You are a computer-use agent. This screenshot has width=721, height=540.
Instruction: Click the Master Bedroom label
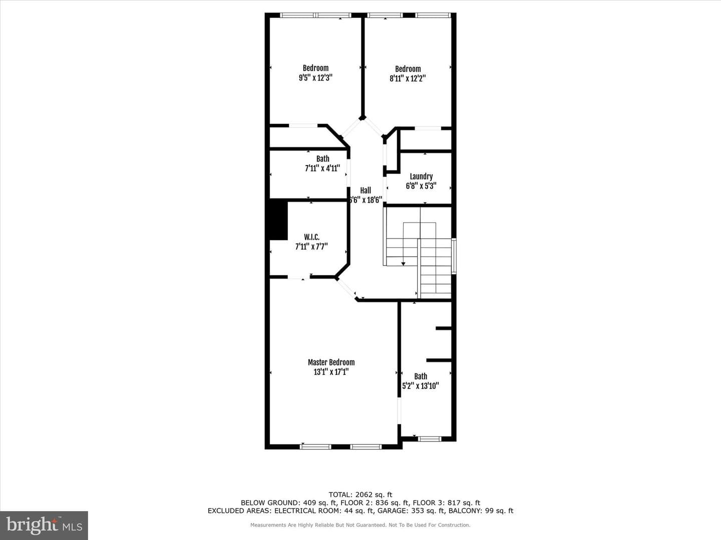(x=331, y=362)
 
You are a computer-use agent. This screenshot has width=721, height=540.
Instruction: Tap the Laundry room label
(x=421, y=176)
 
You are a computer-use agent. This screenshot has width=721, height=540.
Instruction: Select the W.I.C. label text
(x=311, y=236)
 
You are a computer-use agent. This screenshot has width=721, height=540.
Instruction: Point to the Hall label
(x=366, y=190)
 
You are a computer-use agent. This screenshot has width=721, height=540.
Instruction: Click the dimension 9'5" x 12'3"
(x=315, y=77)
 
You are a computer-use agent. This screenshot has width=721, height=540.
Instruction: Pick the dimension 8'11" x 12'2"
(x=408, y=78)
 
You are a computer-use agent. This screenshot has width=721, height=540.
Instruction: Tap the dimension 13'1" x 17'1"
(x=331, y=372)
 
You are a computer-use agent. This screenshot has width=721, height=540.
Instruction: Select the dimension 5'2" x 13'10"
(x=421, y=385)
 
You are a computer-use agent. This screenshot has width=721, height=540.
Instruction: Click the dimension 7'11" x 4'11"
(x=322, y=168)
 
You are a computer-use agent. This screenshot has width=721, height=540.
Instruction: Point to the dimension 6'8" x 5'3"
(x=421, y=186)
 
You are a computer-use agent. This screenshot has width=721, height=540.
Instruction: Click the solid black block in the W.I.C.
(x=278, y=219)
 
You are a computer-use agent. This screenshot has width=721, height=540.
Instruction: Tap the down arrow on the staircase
(x=404, y=263)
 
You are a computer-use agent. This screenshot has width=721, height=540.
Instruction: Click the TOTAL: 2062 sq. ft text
(x=360, y=494)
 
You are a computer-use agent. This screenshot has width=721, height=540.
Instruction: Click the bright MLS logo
(x=44, y=525)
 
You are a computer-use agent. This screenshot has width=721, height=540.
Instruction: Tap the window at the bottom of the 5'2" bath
(x=429, y=438)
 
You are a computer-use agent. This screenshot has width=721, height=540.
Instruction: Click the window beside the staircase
(x=454, y=256)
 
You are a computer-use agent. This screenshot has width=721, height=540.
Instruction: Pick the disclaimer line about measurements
(x=360, y=525)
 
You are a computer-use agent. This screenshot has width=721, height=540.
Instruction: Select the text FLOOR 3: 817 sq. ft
(x=447, y=502)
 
